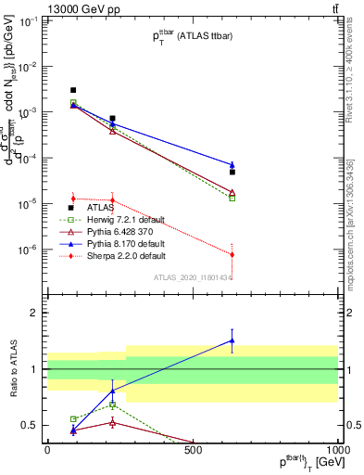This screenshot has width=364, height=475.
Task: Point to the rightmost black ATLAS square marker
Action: (232, 173)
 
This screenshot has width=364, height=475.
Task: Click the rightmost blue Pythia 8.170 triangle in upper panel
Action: (232, 165)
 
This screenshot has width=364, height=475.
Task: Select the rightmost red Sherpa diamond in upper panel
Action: (232, 254)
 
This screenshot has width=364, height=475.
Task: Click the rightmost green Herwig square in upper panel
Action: (232, 198)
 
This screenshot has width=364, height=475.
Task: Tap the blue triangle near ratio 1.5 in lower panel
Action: (232, 340)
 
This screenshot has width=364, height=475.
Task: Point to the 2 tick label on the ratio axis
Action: (34, 313)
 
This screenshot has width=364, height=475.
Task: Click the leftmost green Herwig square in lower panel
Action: (73, 419)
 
